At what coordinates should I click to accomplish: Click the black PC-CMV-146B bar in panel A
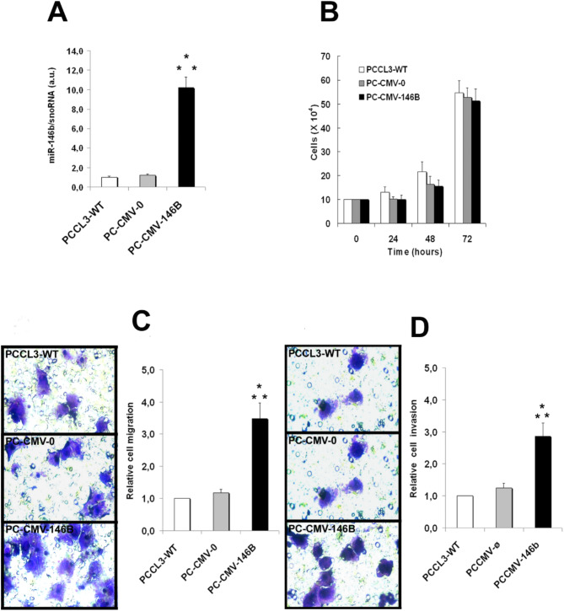186,137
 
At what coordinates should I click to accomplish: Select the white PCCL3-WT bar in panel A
110,182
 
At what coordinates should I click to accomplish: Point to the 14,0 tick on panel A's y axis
75,51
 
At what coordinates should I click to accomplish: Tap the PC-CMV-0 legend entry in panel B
382,83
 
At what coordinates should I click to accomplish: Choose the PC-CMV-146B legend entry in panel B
389,97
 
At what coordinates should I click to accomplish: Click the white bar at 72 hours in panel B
459,158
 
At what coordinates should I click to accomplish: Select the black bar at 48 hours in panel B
439,205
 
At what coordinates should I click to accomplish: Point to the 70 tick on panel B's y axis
326,56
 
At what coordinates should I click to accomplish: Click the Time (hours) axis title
415,252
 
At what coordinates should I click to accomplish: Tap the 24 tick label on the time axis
393,239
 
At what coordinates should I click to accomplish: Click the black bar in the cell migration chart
260,474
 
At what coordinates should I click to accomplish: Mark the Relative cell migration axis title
130,451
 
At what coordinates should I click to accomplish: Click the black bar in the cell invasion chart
543,482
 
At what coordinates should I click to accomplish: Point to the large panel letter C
141,321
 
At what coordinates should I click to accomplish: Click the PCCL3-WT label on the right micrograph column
314,353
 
